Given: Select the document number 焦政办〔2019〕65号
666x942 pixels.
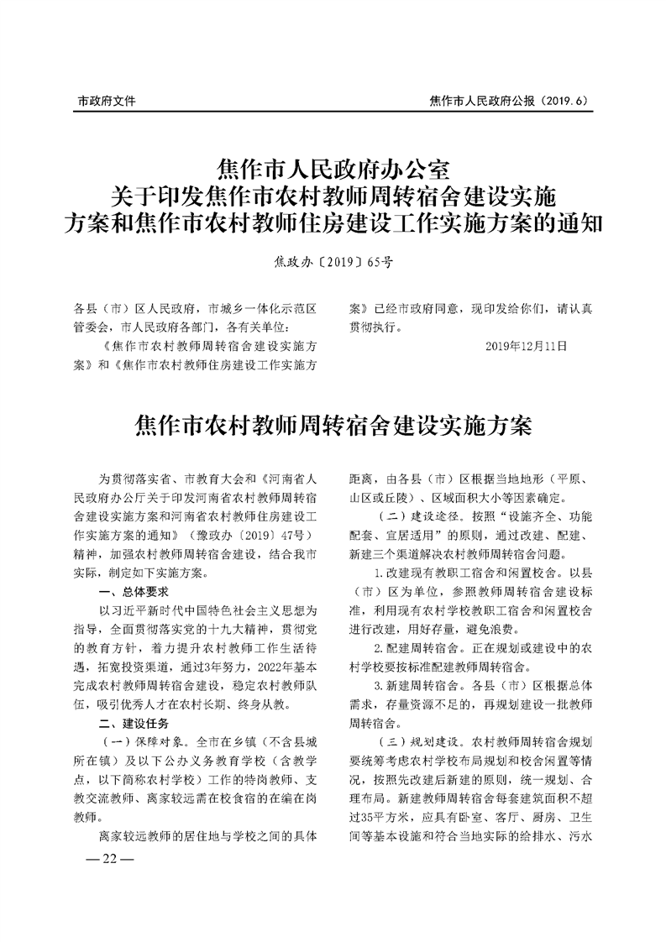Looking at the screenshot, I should [333, 262].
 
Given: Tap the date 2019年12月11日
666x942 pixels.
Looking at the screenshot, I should [527, 345].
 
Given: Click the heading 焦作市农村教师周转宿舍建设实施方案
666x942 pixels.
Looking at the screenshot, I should [333, 425].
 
